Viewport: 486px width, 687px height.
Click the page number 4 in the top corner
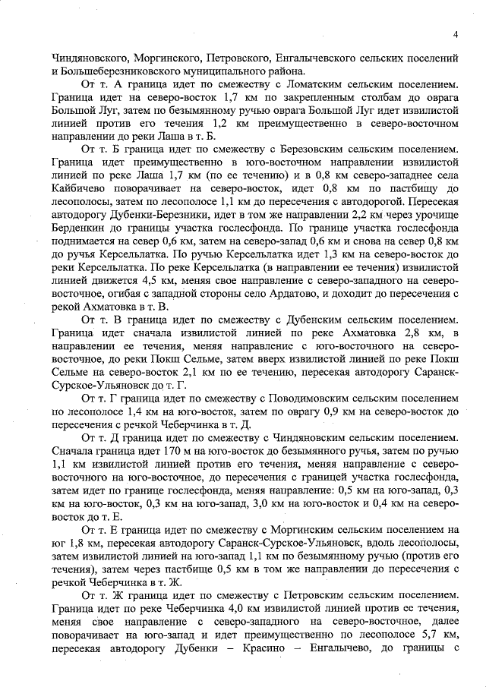(453, 34)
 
